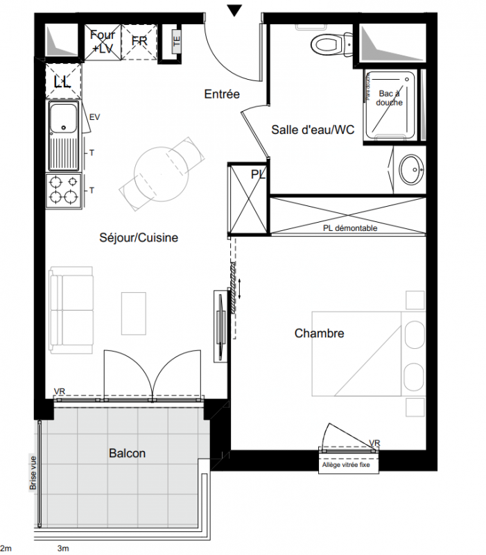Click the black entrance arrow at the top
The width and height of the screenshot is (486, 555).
pos(234,10)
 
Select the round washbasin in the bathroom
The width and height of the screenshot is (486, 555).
pos(411,169)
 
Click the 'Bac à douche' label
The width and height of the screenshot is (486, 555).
pos(389,98)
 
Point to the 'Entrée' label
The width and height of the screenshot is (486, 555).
pos(222,94)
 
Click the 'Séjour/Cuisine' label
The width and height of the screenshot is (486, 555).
pos(139,237)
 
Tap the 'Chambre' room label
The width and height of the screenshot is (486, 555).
pos(319,333)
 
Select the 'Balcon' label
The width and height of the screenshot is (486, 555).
pos(127,454)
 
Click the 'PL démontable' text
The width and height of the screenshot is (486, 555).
pos(350,228)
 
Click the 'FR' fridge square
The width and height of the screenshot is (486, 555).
pos(139,42)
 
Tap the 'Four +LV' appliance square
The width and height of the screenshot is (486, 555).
pos(102,42)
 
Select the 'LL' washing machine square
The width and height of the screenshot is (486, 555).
pos(63,81)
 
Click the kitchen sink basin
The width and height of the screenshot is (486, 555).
pos(63,117)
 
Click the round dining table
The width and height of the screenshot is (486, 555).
pos(162,174)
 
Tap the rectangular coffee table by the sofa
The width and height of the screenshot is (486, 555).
pos(134,314)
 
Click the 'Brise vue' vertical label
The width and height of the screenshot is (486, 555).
pos(33,473)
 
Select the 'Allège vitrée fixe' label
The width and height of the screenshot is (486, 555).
pos(346,465)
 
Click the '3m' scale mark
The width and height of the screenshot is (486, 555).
pos(63,549)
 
